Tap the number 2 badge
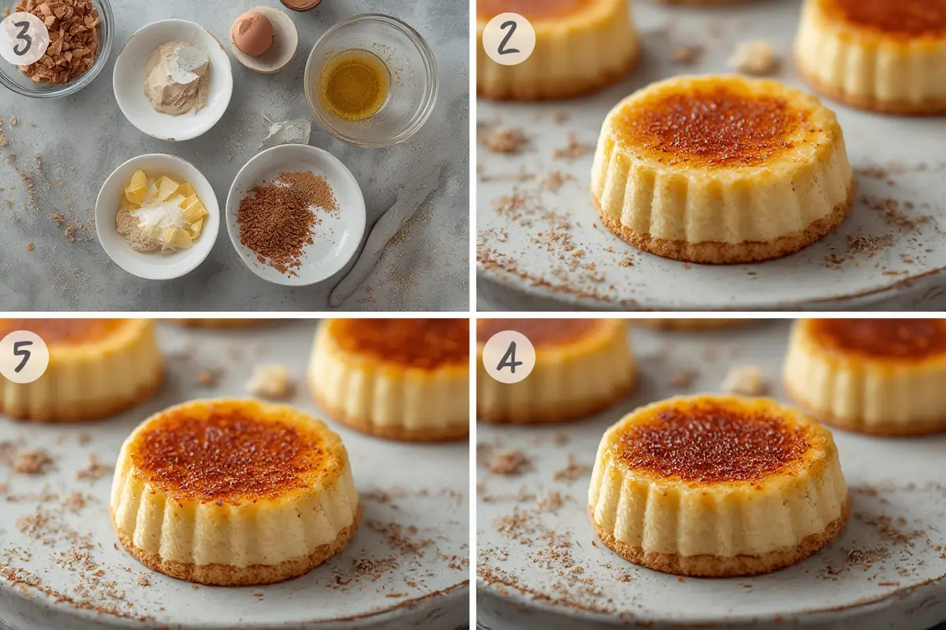tap(508, 39)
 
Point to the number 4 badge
tap(508, 357)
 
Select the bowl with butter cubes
tap(158, 215)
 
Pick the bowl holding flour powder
tap(173, 79)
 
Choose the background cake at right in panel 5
tap(390, 378)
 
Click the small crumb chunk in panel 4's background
tap(743, 380)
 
